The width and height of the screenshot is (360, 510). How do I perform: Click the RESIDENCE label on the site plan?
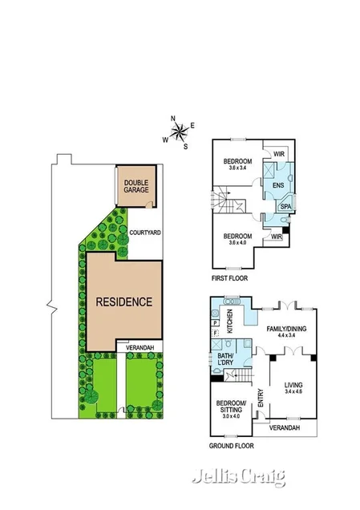coord(123,302)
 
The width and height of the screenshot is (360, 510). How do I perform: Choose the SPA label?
coord(285,207)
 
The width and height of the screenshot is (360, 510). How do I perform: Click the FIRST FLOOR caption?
coord(229,278)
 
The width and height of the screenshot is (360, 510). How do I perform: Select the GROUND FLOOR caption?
coord(232,444)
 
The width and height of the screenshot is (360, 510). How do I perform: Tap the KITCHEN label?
coord(229,322)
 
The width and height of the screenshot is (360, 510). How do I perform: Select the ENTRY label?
coord(261,398)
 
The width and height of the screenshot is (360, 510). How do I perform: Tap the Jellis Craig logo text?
coord(238,478)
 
